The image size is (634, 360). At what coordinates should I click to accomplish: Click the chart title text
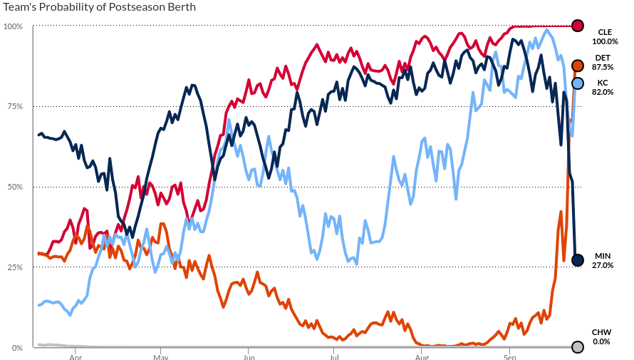[x=99, y=7]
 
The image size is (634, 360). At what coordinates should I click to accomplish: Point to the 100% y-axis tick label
[x=14, y=26]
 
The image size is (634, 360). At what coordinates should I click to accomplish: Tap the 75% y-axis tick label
[x=15, y=107]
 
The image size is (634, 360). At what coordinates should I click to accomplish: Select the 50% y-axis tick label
[x=15, y=187]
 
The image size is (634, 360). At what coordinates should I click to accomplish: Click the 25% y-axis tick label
[x=15, y=267]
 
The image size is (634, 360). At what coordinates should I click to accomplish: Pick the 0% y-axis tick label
[x=17, y=348]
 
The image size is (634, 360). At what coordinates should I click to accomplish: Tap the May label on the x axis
[x=161, y=356]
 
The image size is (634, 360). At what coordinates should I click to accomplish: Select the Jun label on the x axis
[x=248, y=356]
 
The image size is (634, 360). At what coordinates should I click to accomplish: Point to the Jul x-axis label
[x=333, y=356]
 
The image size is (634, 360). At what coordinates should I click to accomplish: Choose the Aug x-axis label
[x=421, y=356]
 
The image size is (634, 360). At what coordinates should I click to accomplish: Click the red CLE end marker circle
[x=578, y=26]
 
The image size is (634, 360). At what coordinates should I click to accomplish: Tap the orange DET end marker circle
[x=578, y=66]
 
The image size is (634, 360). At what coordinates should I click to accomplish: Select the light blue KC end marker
[x=578, y=84]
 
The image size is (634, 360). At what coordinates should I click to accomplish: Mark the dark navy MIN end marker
[x=578, y=260]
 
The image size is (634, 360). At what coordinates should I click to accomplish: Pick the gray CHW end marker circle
[x=578, y=347]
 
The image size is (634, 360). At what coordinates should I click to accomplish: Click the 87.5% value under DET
[x=603, y=67]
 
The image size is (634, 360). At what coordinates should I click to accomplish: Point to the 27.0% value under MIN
[x=603, y=265]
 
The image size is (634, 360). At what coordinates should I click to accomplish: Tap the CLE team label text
[x=605, y=32]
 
